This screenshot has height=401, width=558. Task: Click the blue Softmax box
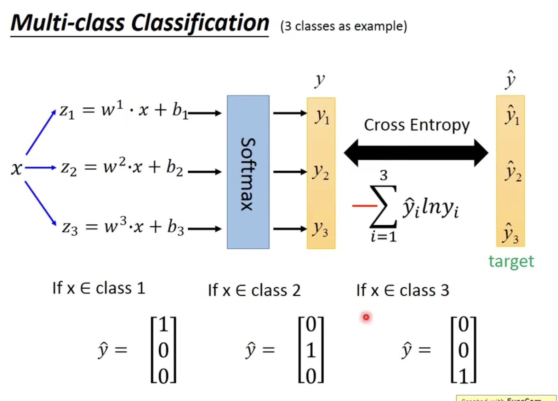click(x=248, y=172)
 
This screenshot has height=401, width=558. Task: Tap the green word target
click(x=511, y=261)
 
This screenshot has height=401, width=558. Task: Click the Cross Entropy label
click(x=416, y=125)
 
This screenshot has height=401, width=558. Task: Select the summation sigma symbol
click(x=383, y=207)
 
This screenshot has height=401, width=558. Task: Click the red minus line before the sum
click(x=364, y=205)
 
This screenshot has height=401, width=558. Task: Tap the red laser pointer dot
click(x=366, y=317)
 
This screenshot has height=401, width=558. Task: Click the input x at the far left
click(x=16, y=168)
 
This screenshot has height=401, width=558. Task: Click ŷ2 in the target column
click(x=512, y=171)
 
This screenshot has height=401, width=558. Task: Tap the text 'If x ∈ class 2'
click(x=254, y=290)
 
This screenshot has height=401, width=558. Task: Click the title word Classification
click(x=200, y=23)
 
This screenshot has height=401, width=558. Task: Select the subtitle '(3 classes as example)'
click(x=343, y=26)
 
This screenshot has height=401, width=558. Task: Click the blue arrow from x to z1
click(x=41, y=132)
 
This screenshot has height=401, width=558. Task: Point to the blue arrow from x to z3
click(x=40, y=203)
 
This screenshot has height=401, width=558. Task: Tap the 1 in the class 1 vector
click(x=163, y=324)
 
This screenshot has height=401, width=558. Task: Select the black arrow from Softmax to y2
click(x=290, y=172)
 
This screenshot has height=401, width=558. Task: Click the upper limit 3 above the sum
click(x=383, y=175)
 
